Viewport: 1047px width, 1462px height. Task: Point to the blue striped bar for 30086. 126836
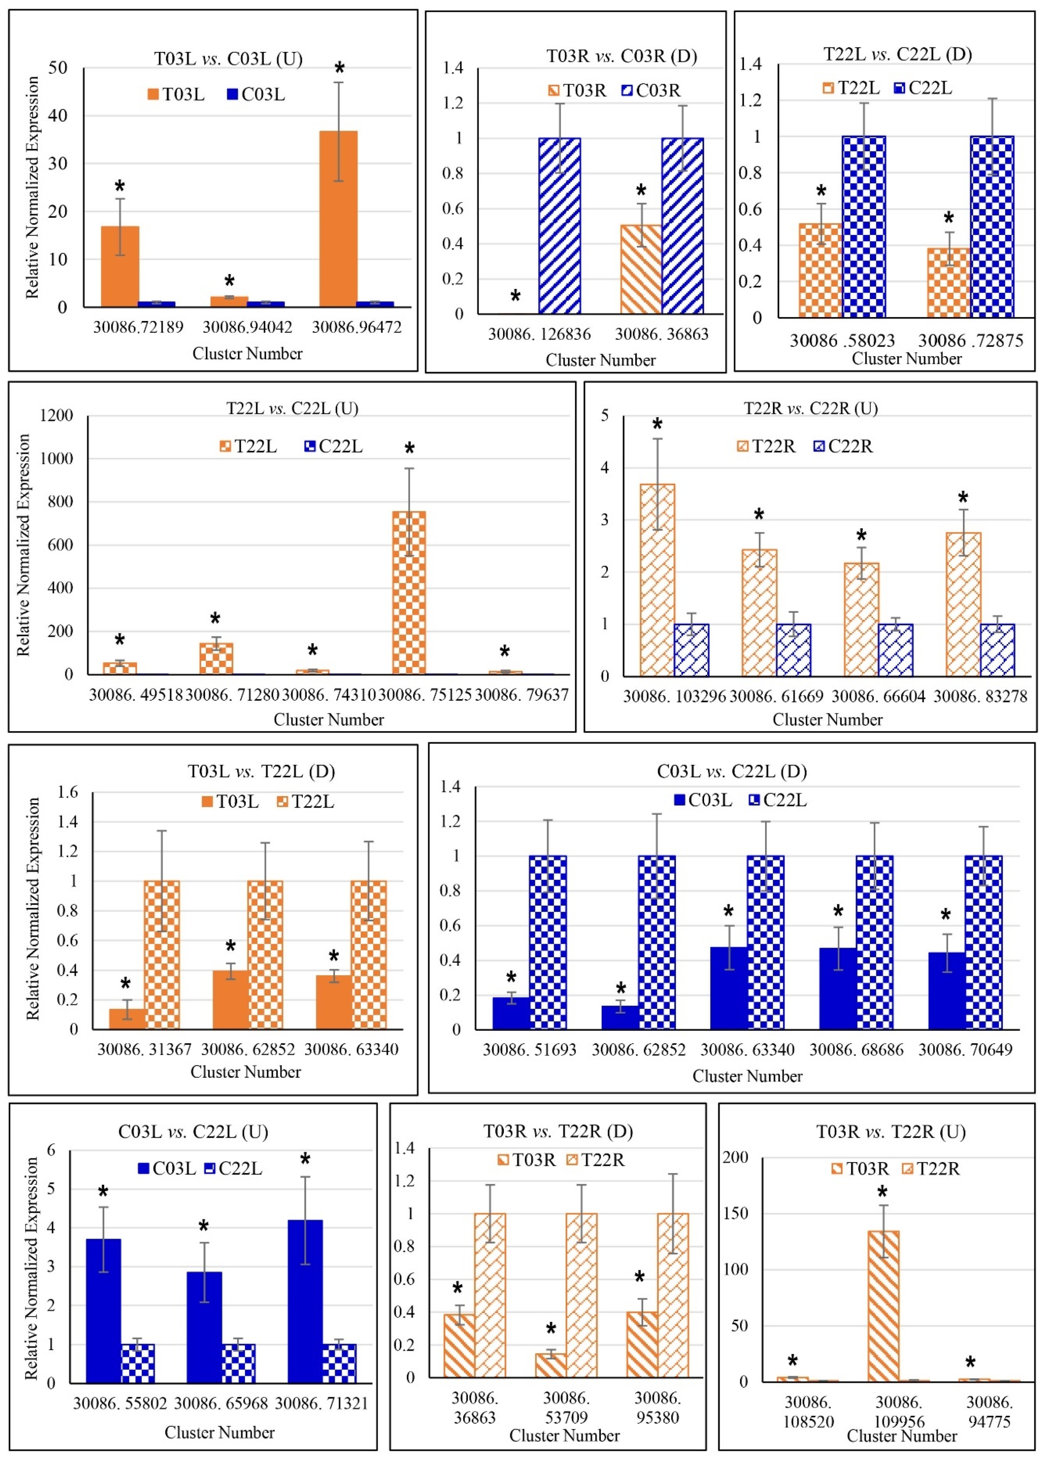pyautogui.click(x=560, y=226)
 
